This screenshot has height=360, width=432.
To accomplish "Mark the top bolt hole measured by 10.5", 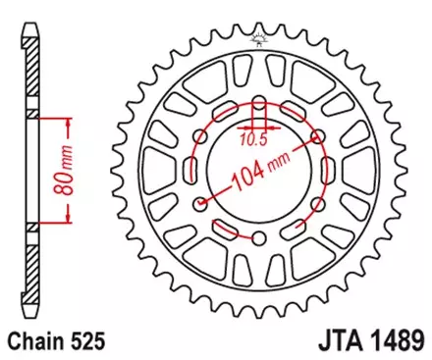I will [258, 100].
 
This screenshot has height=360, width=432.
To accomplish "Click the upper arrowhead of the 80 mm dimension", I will [69, 123].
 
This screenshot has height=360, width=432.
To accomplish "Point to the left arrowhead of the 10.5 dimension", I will [240, 125].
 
